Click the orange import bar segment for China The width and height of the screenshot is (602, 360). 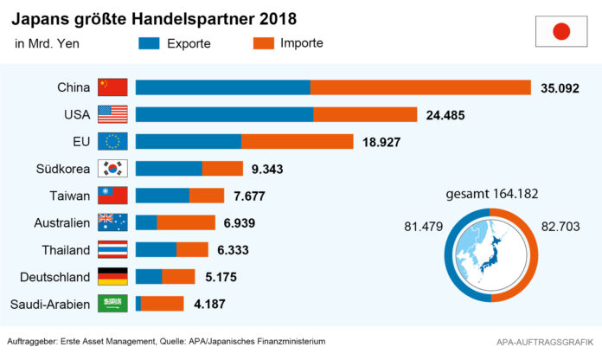click(420, 87)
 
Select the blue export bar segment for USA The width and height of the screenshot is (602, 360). click(224, 114)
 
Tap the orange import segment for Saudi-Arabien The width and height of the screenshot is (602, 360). click(163, 304)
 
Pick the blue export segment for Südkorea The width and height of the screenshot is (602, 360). click(169, 169)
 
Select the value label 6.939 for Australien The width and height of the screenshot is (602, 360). click(242, 223)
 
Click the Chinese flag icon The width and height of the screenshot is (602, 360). click(112, 87)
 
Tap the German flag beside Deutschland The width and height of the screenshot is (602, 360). click(112, 277)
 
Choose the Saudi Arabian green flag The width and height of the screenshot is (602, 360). click(112, 304)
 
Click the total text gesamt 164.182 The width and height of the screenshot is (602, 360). click(493, 195)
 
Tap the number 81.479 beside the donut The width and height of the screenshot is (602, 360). click(424, 227)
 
